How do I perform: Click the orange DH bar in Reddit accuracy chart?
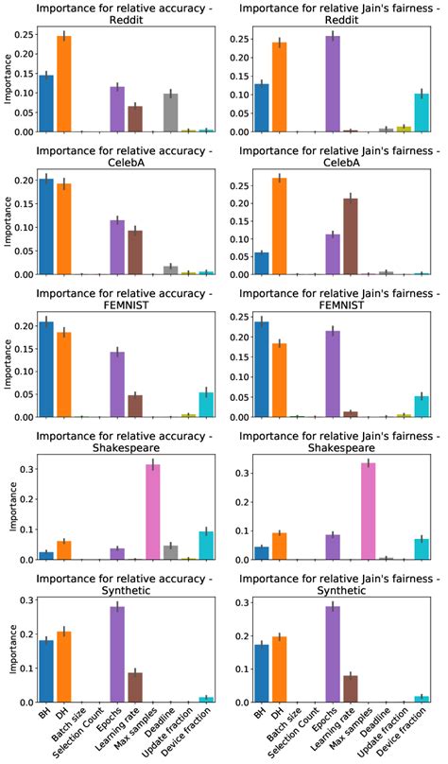tap(64, 84)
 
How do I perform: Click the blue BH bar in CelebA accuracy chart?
tap(46, 226)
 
